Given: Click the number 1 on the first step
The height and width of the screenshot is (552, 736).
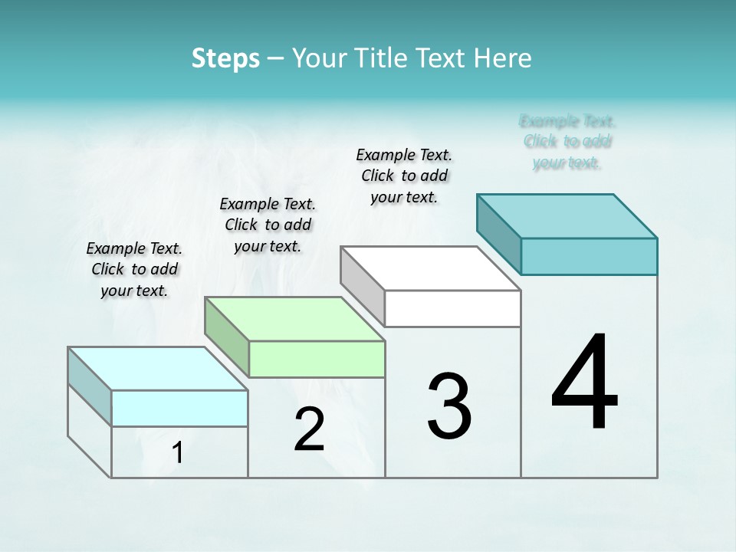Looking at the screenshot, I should click(178, 452).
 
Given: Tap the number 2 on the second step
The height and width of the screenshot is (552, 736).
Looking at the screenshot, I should click(309, 429).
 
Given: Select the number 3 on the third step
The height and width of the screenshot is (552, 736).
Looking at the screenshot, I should click(449, 406).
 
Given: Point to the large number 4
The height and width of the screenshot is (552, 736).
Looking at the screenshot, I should click(584, 383).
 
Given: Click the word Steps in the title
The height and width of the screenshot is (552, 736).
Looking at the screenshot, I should click(225, 58).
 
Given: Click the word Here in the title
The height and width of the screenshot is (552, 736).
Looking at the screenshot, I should click(503, 58).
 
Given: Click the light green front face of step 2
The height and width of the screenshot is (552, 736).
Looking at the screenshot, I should click(317, 359).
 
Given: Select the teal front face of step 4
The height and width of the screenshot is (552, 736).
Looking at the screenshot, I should click(589, 256).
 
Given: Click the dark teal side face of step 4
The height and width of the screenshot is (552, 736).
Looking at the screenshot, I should click(498, 233).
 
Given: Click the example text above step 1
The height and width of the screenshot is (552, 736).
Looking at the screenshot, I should click(134, 269).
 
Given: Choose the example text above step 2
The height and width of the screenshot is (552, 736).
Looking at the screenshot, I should click(268, 225).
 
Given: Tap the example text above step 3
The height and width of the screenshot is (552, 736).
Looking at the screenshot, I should click(404, 176).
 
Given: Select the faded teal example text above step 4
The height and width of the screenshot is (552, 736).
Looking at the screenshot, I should click(567, 142).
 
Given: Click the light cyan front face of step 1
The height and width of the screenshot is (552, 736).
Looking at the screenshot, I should click(179, 408).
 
